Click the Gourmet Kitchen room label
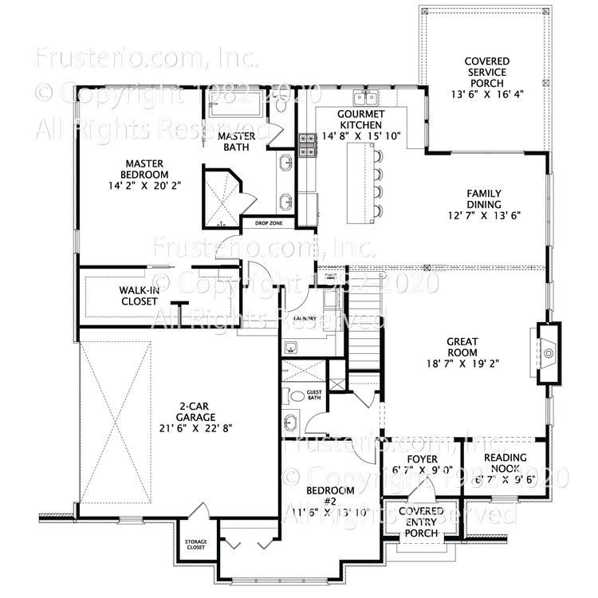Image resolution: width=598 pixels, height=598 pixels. tap(360, 119)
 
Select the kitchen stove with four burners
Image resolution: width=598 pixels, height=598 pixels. tap(307, 144)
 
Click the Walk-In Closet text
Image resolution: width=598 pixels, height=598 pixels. tap(139, 296)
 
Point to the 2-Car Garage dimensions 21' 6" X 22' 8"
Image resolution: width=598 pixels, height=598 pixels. tap(195, 426)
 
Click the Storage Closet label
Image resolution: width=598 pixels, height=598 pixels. tap(196, 545)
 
